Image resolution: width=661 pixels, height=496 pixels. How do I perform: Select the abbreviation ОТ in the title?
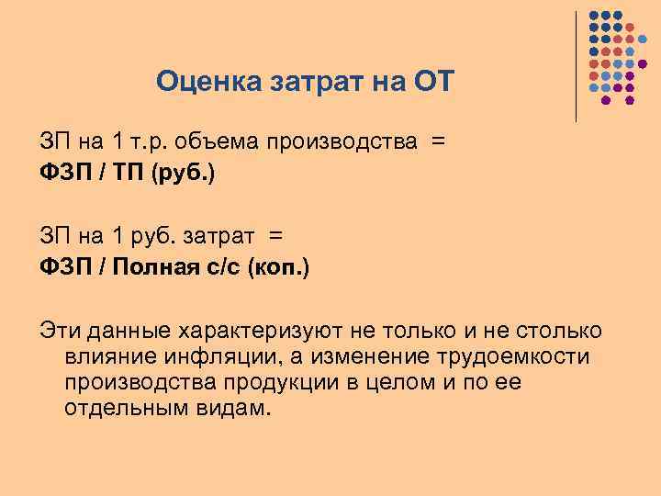click(x=431, y=82)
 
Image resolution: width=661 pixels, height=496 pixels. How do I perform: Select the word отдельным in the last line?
click(x=125, y=407)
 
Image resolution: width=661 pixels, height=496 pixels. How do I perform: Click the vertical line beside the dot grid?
click(x=576, y=64)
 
